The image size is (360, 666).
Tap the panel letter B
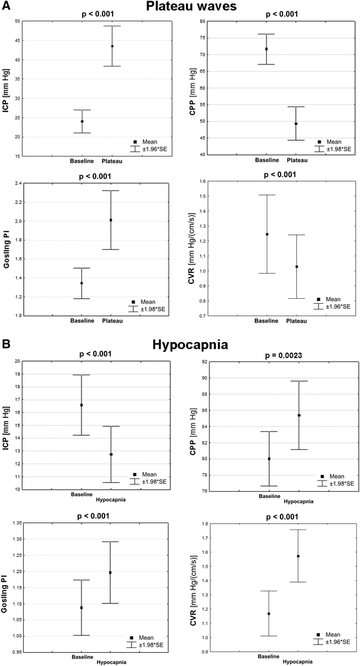pos(6,344)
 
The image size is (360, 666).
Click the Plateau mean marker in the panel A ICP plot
pos(111,46)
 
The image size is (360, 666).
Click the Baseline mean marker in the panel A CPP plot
pos(267,49)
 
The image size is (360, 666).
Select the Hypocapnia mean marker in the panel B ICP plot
pos(111,454)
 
